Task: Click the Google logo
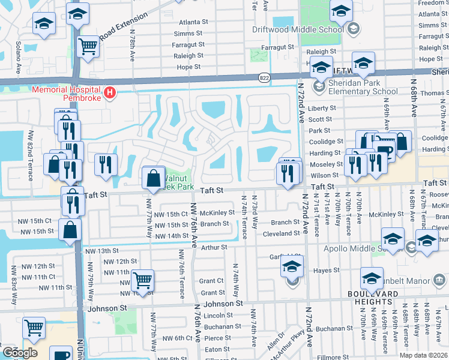(20, 352)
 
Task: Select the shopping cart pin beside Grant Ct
(143, 280)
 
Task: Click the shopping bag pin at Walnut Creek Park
(154, 178)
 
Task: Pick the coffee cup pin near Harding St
(383, 151)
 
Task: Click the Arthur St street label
(214, 247)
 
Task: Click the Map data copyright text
(423, 355)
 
